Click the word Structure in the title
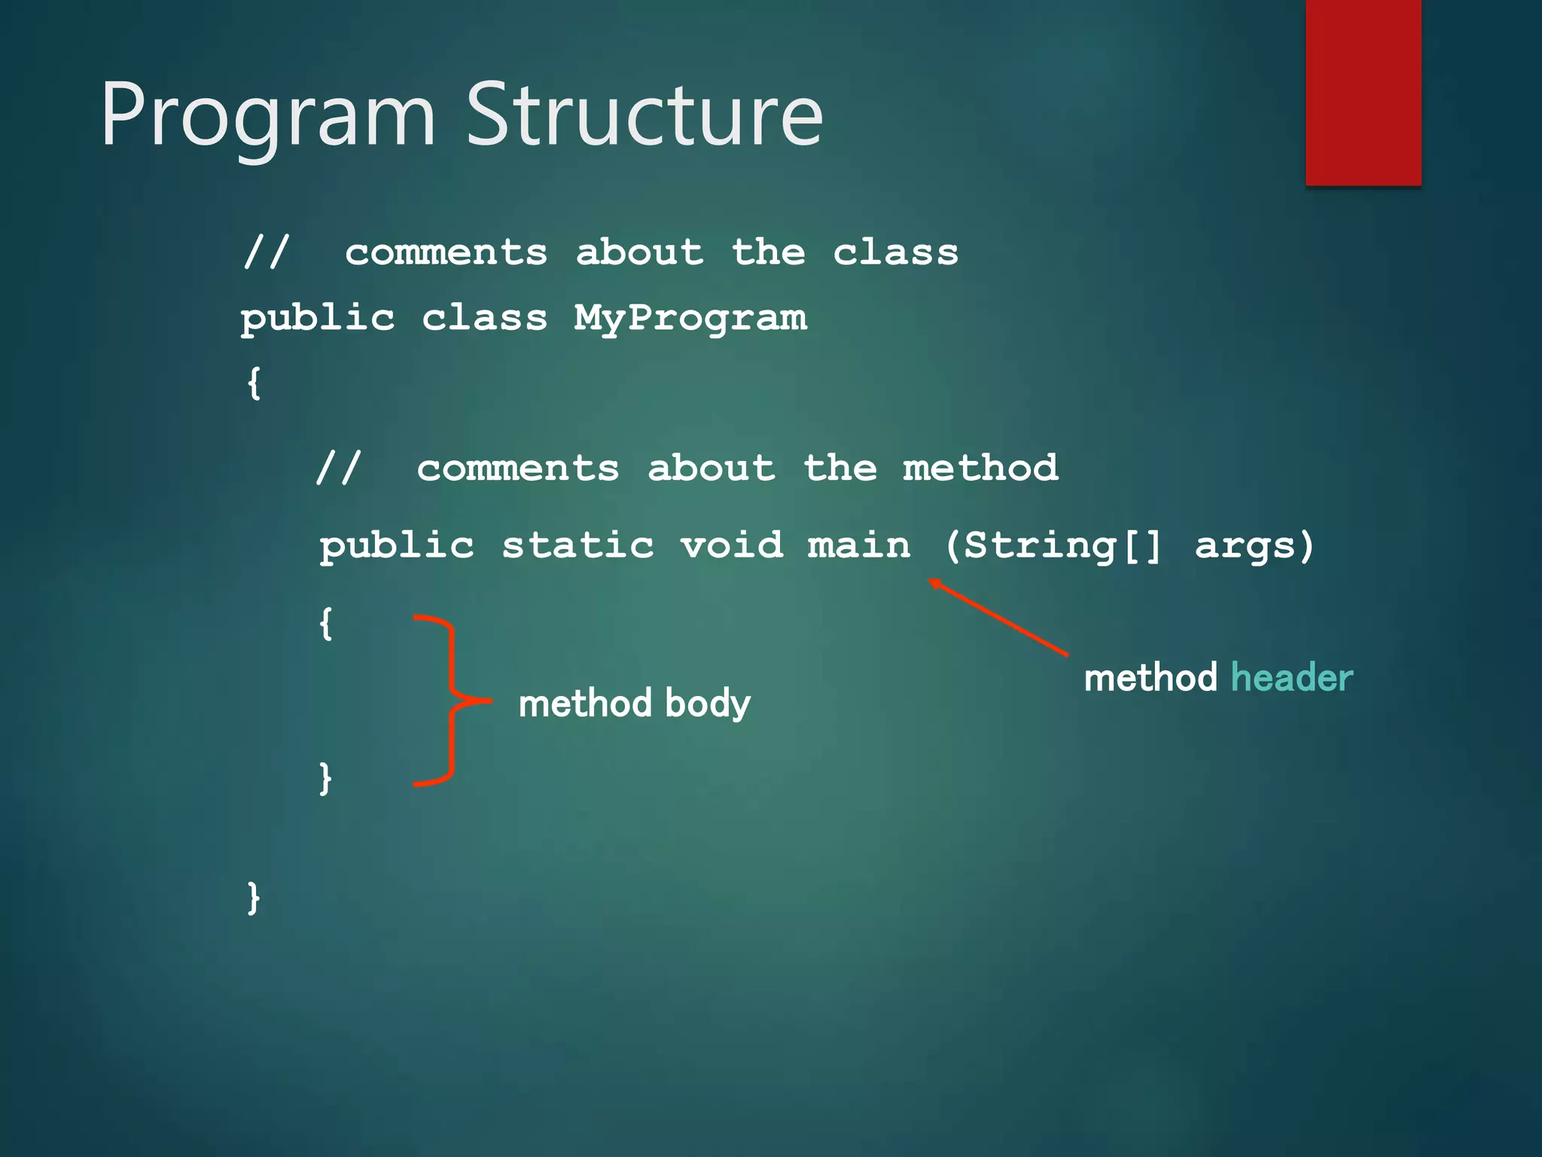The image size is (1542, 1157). pos(645,114)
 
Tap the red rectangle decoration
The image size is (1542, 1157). pos(1363,92)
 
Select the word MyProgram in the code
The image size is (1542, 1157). pos(690,318)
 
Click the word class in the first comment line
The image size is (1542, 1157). pos(895,252)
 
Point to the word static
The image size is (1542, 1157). pos(577,545)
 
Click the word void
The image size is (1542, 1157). pos(731,545)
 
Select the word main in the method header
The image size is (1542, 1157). pos(858,545)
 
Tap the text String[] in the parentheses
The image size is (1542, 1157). pos(1062,545)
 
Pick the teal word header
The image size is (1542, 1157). pos(1291,677)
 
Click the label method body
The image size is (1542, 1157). pos(634,703)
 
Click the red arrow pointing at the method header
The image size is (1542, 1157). pos(998,617)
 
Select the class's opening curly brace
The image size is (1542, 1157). pos(254,383)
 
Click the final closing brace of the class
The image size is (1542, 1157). pos(254,897)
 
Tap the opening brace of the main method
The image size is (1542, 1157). pos(325,624)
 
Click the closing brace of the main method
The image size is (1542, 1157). pos(325,777)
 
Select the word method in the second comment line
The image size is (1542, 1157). pos(980,468)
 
